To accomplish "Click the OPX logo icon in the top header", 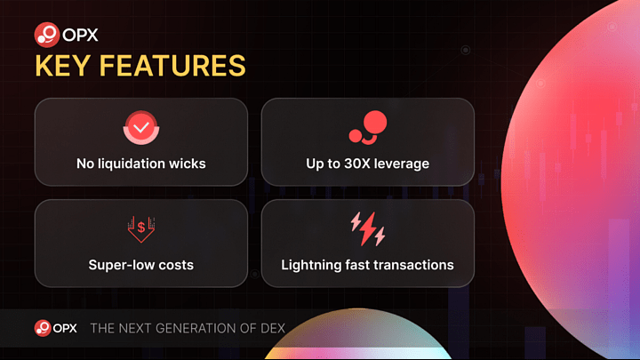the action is point(47,35).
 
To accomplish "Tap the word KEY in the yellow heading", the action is point(62,66).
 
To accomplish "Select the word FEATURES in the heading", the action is point(172,66).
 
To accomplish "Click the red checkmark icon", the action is point(141,127).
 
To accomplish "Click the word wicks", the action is point(188,164).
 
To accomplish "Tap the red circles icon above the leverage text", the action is point(368,127).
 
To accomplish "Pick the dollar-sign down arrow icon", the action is point(141,229).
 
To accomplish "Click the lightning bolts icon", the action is point(368,229).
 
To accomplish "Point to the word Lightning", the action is point(311,266).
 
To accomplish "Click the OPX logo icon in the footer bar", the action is point(43,328).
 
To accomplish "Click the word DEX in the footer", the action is point(273,328).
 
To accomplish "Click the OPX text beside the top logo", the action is point(80,35).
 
